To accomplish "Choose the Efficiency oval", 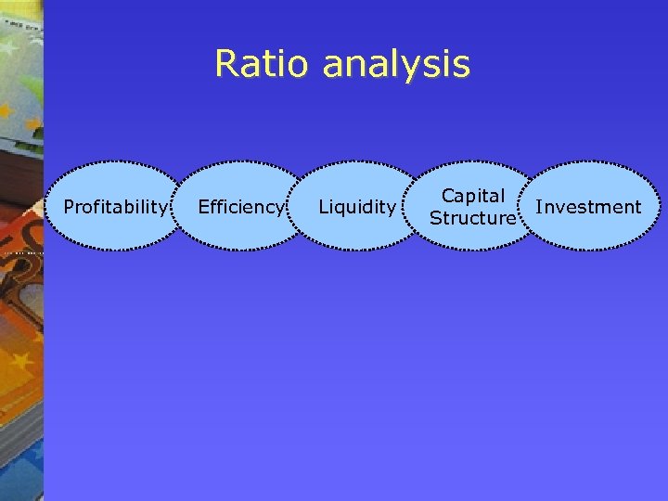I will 240,206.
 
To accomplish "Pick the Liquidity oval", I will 357,206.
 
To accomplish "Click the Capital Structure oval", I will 473,206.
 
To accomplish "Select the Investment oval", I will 588,206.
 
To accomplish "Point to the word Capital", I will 473,196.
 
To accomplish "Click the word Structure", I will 473,218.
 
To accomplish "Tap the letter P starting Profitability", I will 68,206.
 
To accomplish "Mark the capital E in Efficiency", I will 203,206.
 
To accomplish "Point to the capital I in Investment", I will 538,206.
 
